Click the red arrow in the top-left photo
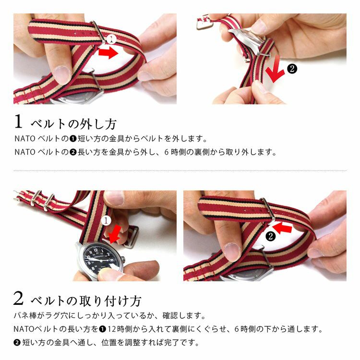(x=108, y=53)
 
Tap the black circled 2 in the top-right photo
(x=292, y=69)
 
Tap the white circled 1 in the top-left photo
(x=111, y=39)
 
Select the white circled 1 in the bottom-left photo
(x=106, y=221)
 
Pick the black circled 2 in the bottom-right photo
(x=270, y=236)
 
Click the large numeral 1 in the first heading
(x=18, y=121)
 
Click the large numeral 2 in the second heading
(x=18, y=298)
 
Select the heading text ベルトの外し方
(x=73, y=124)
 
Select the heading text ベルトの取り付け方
(x=85, y=301)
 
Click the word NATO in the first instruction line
(x=25, y=139)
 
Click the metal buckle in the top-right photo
(x=205, y=23)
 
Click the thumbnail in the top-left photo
(x=62, y=74)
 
